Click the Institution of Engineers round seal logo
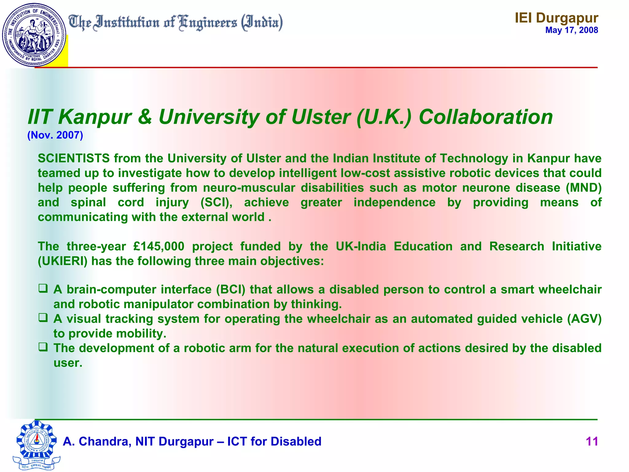[x=34, y=35]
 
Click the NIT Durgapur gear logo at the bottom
[x=37, y=444]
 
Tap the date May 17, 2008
[x=572, y=30]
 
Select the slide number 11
[x=592, y=442]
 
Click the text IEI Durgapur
[x=557, y=18]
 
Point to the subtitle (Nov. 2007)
[x=55, y=135]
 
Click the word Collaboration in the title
[x=486, y=117]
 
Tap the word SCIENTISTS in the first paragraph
[x=74, y=159]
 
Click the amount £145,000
[x=159, y=246]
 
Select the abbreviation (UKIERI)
[x=63, y=261]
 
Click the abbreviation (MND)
[x=584, y=188]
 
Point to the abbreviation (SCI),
[x=216, y=203]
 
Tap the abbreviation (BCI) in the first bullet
[x=231, y=289]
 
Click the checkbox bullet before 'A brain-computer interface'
[x=43, y=288]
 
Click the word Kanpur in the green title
[x=95, y=117]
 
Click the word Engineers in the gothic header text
[x=208, y=23]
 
